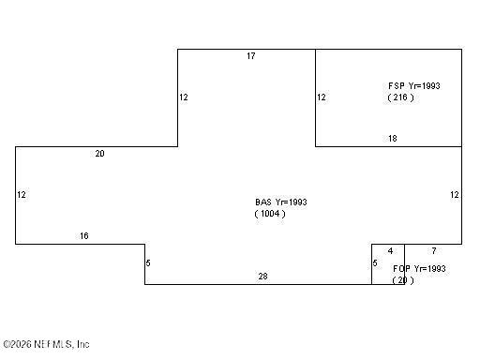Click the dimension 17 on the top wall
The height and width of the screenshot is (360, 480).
tap(251, 56)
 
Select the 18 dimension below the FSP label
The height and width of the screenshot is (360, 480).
tap(393, 139)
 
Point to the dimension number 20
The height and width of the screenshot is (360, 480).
tap(100, 154)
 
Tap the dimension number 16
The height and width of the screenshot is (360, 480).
tap(84, 236)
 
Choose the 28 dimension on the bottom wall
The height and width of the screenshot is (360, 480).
tap(263, 277)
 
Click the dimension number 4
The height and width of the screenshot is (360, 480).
tap(390, 251)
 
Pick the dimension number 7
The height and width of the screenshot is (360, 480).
tap(433, 251)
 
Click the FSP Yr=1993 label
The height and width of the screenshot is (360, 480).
tap(413, 85)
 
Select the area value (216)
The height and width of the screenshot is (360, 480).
tap(400, 97)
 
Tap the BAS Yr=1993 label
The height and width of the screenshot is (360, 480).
tap(281, 202)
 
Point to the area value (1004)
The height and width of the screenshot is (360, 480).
tap(270, 214)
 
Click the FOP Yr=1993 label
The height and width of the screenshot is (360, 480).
tap(419, 268)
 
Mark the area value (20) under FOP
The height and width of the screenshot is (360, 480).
tap(402, 280)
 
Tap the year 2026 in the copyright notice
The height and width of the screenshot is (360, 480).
tap(20, 344)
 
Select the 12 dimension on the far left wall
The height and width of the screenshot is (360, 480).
tap(22, 195)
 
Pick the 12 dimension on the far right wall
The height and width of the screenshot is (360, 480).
tap(455, 195)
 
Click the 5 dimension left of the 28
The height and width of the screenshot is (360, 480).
tap(148, 263)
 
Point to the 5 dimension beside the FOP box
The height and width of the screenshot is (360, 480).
tap(375, 263)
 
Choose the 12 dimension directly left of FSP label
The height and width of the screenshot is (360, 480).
tap(322, 97)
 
